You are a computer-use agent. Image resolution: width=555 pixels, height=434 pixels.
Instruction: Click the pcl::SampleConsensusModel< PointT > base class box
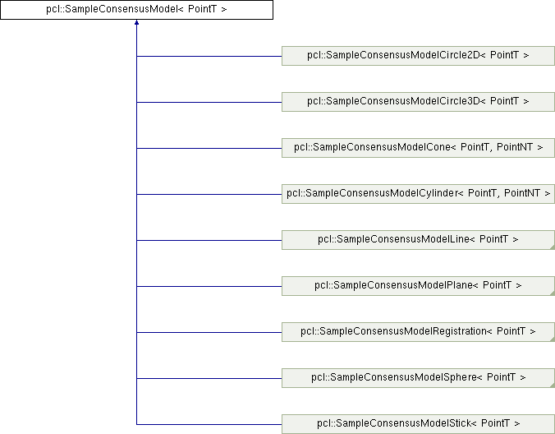tap(136, 10)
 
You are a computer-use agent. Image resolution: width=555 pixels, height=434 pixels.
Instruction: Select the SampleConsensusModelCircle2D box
tap(418, 56)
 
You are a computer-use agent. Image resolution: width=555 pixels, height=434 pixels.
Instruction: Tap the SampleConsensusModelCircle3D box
tap(418, 102)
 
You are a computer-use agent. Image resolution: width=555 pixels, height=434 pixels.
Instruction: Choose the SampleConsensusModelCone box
tap(418, 148)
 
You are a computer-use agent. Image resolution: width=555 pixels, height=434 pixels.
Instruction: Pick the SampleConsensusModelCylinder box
tap(418, 194)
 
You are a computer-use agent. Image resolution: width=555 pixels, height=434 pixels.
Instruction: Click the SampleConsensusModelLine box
tap(418, 240)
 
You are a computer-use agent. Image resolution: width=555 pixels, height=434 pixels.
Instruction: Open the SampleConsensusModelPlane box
tap(418, 286)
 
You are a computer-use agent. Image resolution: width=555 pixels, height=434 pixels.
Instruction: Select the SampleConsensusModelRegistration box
tap(418, 332)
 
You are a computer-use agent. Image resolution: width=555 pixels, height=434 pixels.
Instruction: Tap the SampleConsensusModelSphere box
tap(418, 378)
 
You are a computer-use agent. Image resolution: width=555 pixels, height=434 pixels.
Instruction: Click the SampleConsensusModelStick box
tap(418, 424)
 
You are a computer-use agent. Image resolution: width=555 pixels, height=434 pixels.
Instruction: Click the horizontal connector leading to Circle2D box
tap(209, 56)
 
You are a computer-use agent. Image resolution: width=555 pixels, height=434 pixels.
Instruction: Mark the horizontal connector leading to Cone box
tap(209, 148)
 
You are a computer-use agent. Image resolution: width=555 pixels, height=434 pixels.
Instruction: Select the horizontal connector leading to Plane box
tap(209, 286)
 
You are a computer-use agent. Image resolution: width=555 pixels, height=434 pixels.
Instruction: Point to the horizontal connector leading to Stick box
tap(209, 424)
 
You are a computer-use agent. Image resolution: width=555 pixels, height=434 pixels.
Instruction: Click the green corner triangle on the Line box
tap(552, 247)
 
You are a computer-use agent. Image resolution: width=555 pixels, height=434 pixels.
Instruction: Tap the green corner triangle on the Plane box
tap(552, 293)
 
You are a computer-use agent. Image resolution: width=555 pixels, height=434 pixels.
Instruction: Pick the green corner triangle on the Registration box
tap(552, 339)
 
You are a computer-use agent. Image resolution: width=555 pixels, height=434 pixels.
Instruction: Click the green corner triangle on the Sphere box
tap(552, 385)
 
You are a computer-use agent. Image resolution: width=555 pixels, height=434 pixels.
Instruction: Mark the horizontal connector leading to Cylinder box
tap(209, 194)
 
